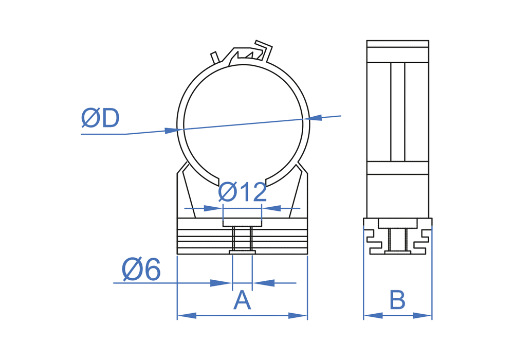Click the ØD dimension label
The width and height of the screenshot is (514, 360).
click(x=100, y=118)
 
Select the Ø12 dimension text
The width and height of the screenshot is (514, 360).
click(x=242, y=192)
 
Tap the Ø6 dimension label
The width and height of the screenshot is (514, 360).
click(x=141, y=270)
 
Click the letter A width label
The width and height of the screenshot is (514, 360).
click(x=242, y=300)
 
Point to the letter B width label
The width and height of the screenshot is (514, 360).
click(x=397, y=300)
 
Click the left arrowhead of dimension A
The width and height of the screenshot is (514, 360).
click(x=186, y=315)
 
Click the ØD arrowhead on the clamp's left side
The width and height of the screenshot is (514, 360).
click(x=172, y=131)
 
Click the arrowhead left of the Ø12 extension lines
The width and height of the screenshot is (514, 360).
click(x=213, y=208)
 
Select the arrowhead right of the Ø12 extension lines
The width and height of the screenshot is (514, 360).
click(x=271, y=208)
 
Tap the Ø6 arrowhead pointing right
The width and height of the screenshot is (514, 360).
click(x=222, y=283)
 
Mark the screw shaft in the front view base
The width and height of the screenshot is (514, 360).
click(x=242, y=239)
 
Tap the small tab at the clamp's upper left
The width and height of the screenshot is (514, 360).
click(x=215, y=57)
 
